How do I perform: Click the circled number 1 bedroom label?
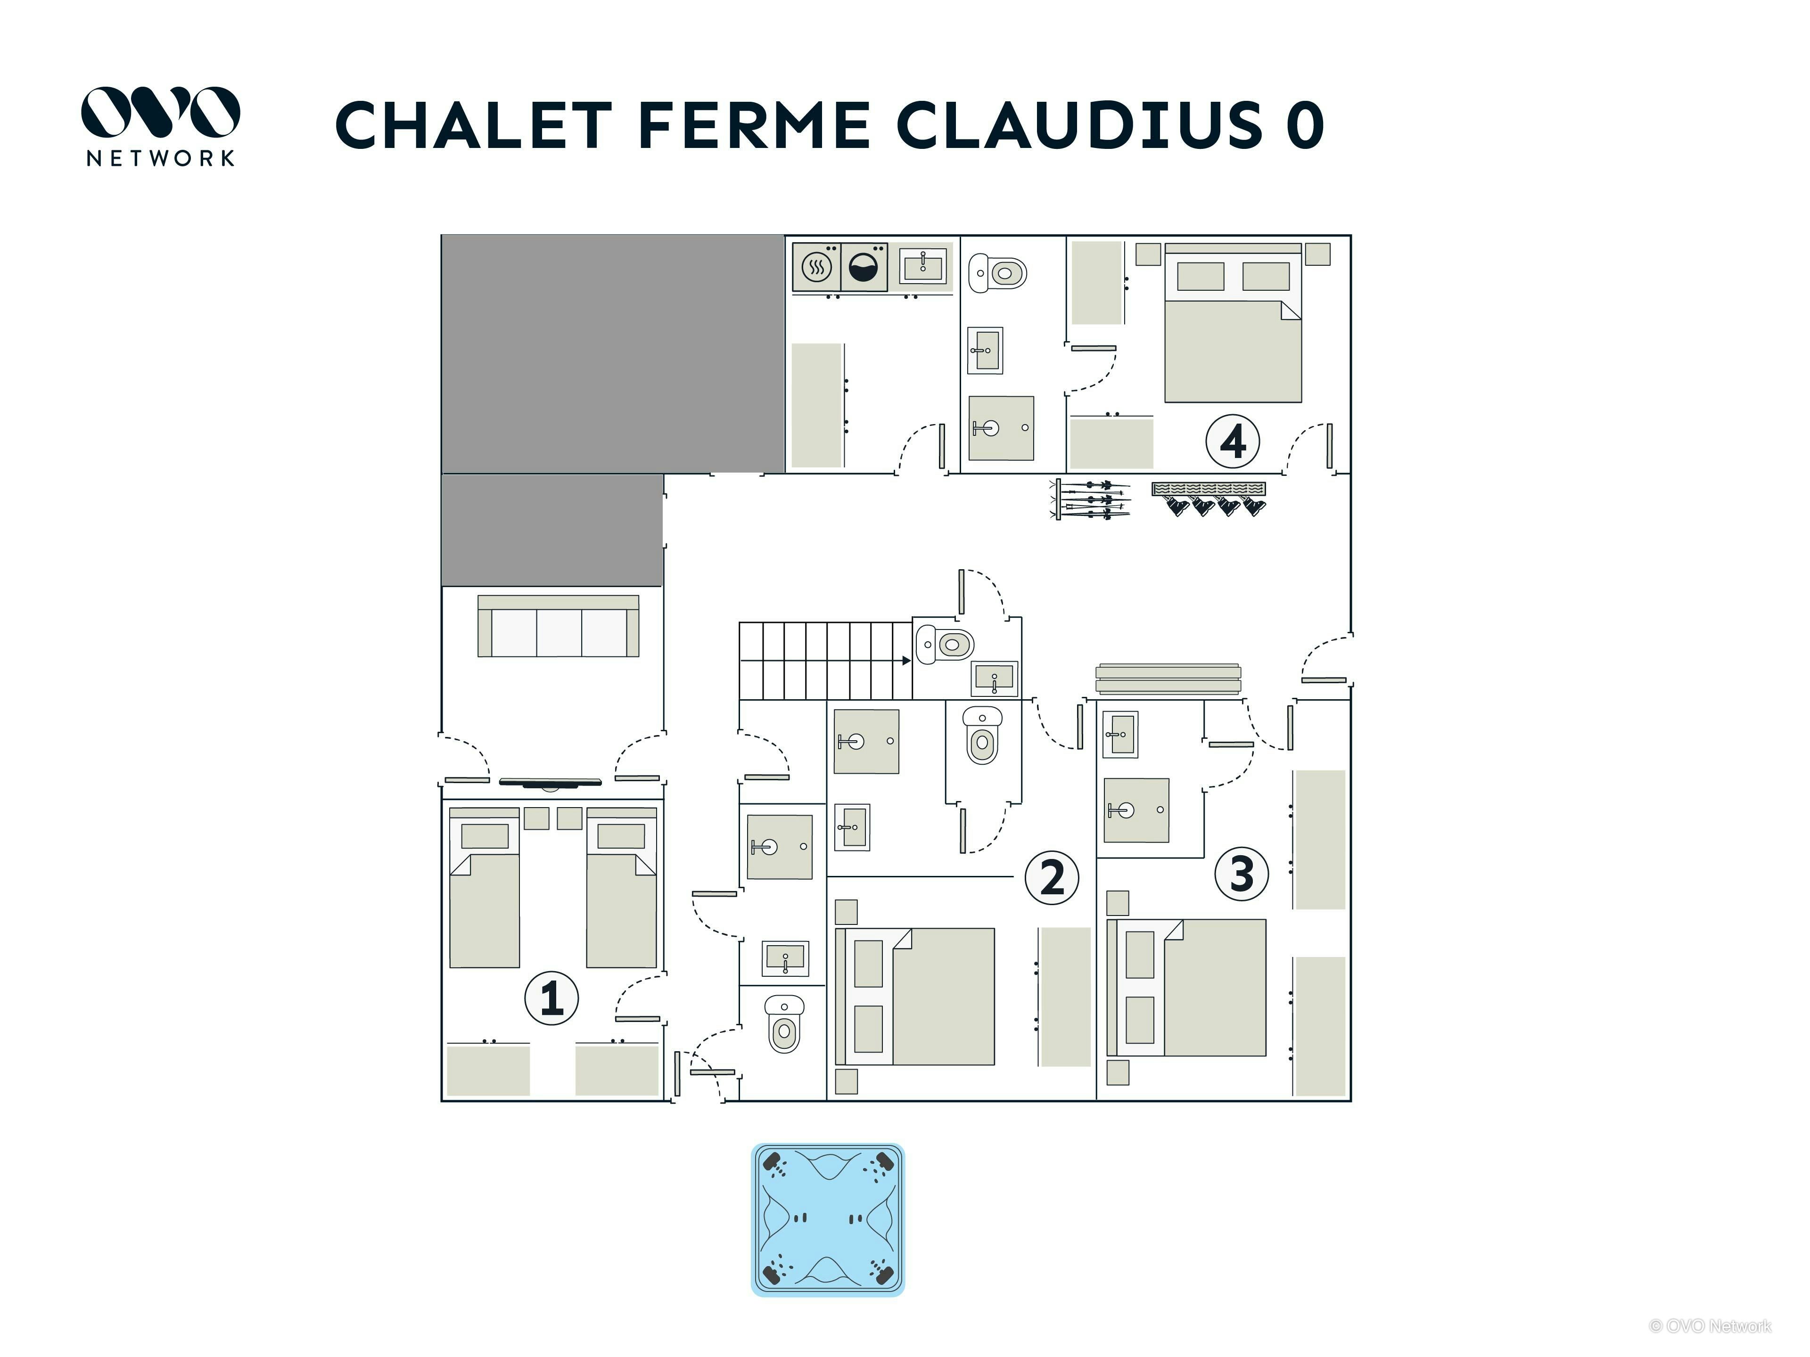(551, 998)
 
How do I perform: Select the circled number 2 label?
(1052, 878)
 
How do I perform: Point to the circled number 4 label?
(1232, 441)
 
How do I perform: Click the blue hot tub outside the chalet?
(828, 1219)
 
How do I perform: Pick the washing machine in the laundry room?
(864, 267)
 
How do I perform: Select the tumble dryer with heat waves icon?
(817, 267)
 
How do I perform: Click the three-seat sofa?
(558, 626)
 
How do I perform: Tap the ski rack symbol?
(1090, 499)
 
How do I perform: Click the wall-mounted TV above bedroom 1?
(550, 783)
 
